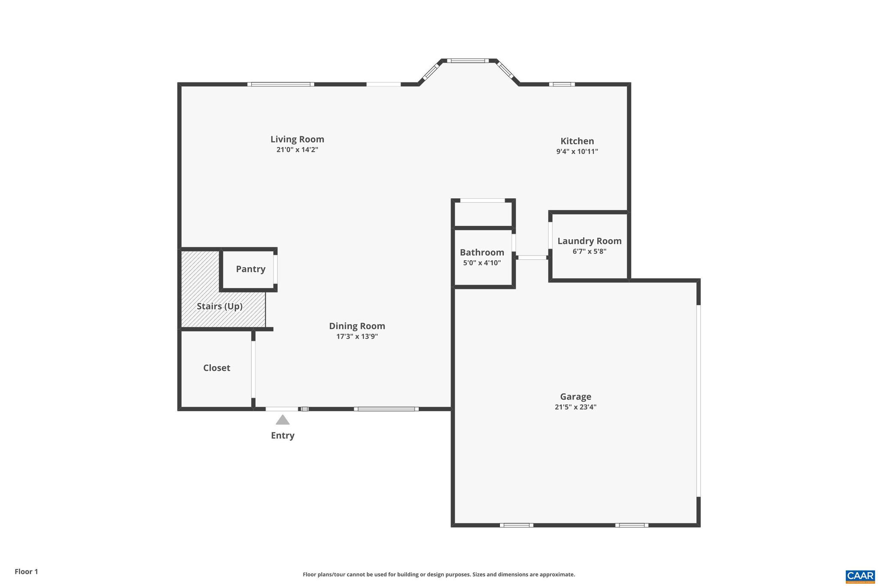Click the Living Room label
coord(297,139)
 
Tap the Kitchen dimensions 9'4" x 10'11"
coord(577,152)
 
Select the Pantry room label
coord(250,269)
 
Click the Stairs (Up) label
coord(219,307)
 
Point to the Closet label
coord(216,368)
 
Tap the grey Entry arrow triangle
coord(283,420)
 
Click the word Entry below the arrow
coord(283,436)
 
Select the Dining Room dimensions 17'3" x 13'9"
coord(357,337)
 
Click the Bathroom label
coord(482,252)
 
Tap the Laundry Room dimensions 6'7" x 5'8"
coord(589,252)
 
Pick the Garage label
coord(575,397)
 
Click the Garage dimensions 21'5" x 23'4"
coord(575,407)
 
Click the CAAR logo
coord(860,576)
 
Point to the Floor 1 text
coord(26,571)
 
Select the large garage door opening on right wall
coord(698,401)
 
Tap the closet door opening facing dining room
coord(253,369)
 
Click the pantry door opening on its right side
coord(275,269)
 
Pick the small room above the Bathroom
coord(483,214)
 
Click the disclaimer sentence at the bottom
coord(439,574)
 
